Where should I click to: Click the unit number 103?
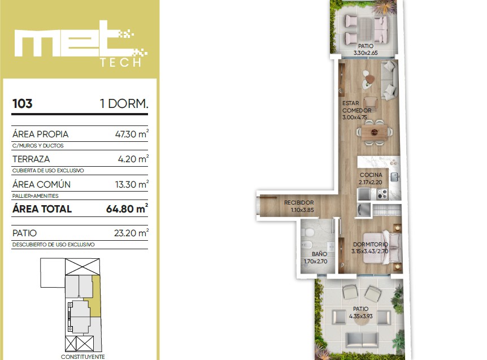pos(23,104)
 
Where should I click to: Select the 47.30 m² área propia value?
pos(132,134)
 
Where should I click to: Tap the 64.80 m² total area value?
pos(127,209)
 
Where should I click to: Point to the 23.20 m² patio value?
pos(131,233)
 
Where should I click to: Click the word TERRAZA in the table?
pos(31,159)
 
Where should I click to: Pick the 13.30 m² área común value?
pos(132,184)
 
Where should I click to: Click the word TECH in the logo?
pos(121,62)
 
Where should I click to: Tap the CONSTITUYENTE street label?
pos(82,357)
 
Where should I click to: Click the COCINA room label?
pos(371,175)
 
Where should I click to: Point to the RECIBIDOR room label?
pos(299,202)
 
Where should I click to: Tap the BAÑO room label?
pos(319,254)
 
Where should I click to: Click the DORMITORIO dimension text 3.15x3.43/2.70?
pos(369,251)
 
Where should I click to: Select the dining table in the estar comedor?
pos(374,133)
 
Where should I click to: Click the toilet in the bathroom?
pos(308,232)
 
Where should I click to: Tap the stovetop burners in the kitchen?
pos(382,194)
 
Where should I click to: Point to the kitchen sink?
pos(394,177)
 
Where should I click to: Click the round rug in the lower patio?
pos(360,320)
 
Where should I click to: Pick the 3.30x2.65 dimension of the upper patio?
pos(366,53)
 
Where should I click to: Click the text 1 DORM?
pos(124,104)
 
